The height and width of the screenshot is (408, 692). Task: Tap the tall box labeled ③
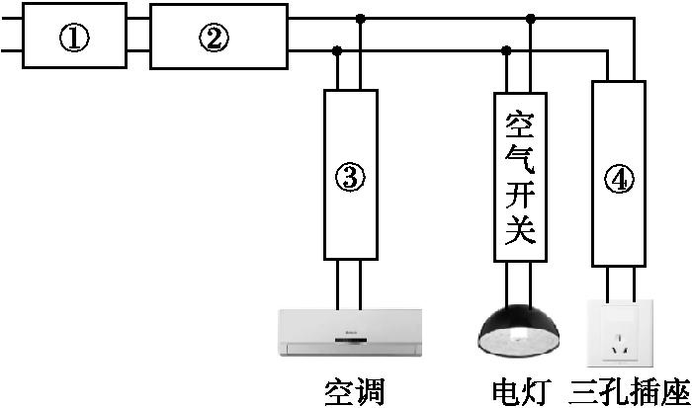tap(352, 175)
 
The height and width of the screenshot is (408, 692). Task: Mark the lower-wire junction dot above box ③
tap(338, 50)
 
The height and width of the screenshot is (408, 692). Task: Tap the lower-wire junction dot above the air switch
tap(507, 50)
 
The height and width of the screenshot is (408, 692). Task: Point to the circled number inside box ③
tap(352, 179)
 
